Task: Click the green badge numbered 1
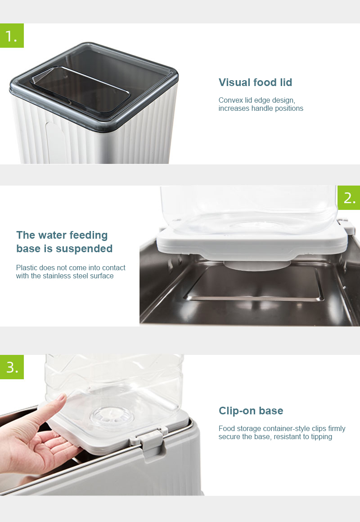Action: coord(12,36)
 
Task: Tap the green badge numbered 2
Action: coord(349,198)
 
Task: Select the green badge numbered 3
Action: coord(12,367)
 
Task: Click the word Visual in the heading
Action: coord(234,82)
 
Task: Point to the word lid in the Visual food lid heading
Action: coord(286,82)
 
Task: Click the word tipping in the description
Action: coord(321,437)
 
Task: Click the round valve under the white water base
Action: coord(257,265)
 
